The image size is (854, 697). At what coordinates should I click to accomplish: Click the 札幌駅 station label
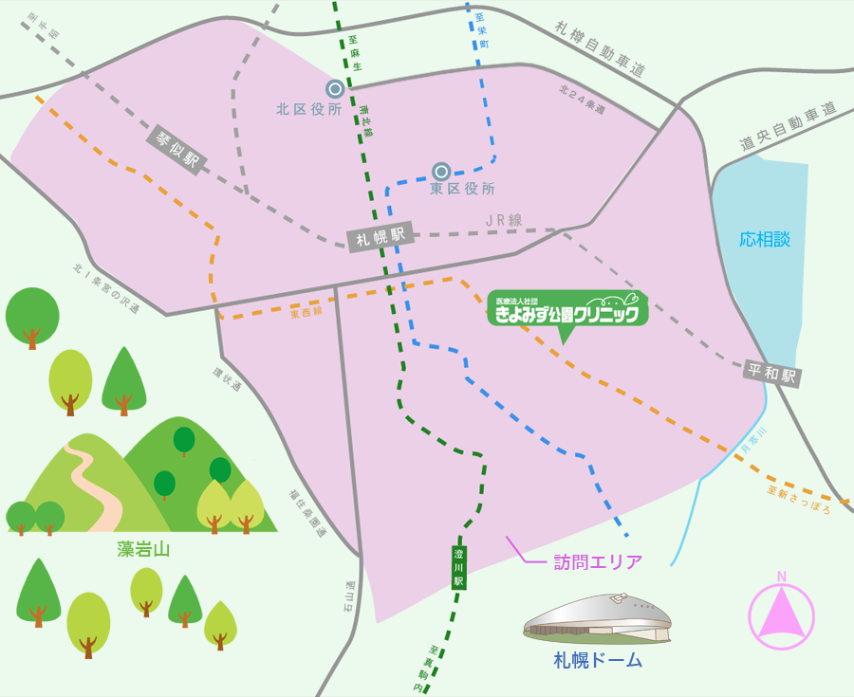[x=380, y=238]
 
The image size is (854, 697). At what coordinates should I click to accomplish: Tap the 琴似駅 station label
[x=176, y=150]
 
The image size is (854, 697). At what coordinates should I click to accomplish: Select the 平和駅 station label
[x=773, y=373]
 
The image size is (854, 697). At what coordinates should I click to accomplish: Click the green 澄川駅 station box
[x=459, y=566]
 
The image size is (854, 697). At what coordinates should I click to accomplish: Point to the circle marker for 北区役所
[x=335, y=89]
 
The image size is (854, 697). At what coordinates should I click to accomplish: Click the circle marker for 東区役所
[x=441, y=172]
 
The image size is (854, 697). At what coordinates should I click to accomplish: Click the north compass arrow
[x=781, y=612]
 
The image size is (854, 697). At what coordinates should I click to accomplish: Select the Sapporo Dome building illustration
[x=598, y=618]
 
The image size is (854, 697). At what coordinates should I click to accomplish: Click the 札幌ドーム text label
[x=598, y=661]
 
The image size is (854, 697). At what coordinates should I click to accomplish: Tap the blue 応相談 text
[x=765, y=239]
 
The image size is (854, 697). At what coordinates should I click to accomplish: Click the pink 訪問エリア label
[x=598, y=561]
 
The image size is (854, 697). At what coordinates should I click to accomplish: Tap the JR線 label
[x=504, y=220]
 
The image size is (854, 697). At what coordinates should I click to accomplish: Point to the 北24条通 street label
[x=582, y=100]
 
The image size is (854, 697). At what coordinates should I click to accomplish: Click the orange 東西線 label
[x=306, y=310]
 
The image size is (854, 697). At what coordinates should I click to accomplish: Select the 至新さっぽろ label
[x=799, y=499]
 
